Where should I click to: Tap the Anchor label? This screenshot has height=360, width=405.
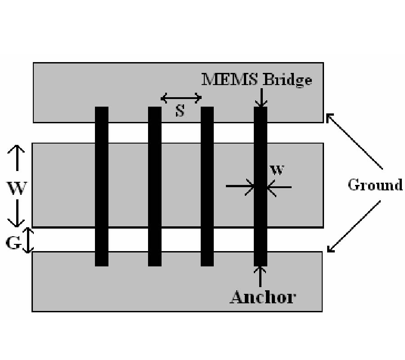pos(263,297)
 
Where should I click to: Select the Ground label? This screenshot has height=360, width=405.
pos(375,185)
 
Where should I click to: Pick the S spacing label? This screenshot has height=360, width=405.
pos(180,111)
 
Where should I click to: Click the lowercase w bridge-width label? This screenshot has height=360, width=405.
pos(278,170)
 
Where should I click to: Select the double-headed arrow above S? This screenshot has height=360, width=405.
pos(181,98)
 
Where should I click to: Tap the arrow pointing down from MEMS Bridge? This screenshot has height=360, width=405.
pos(261,97)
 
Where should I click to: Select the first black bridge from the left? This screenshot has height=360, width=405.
pos(102,186)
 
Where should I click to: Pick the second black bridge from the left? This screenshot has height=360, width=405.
pos(155,186)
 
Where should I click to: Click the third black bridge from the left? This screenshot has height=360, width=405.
pos(207,186)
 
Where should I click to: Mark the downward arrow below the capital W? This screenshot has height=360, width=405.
pos(17,213)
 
